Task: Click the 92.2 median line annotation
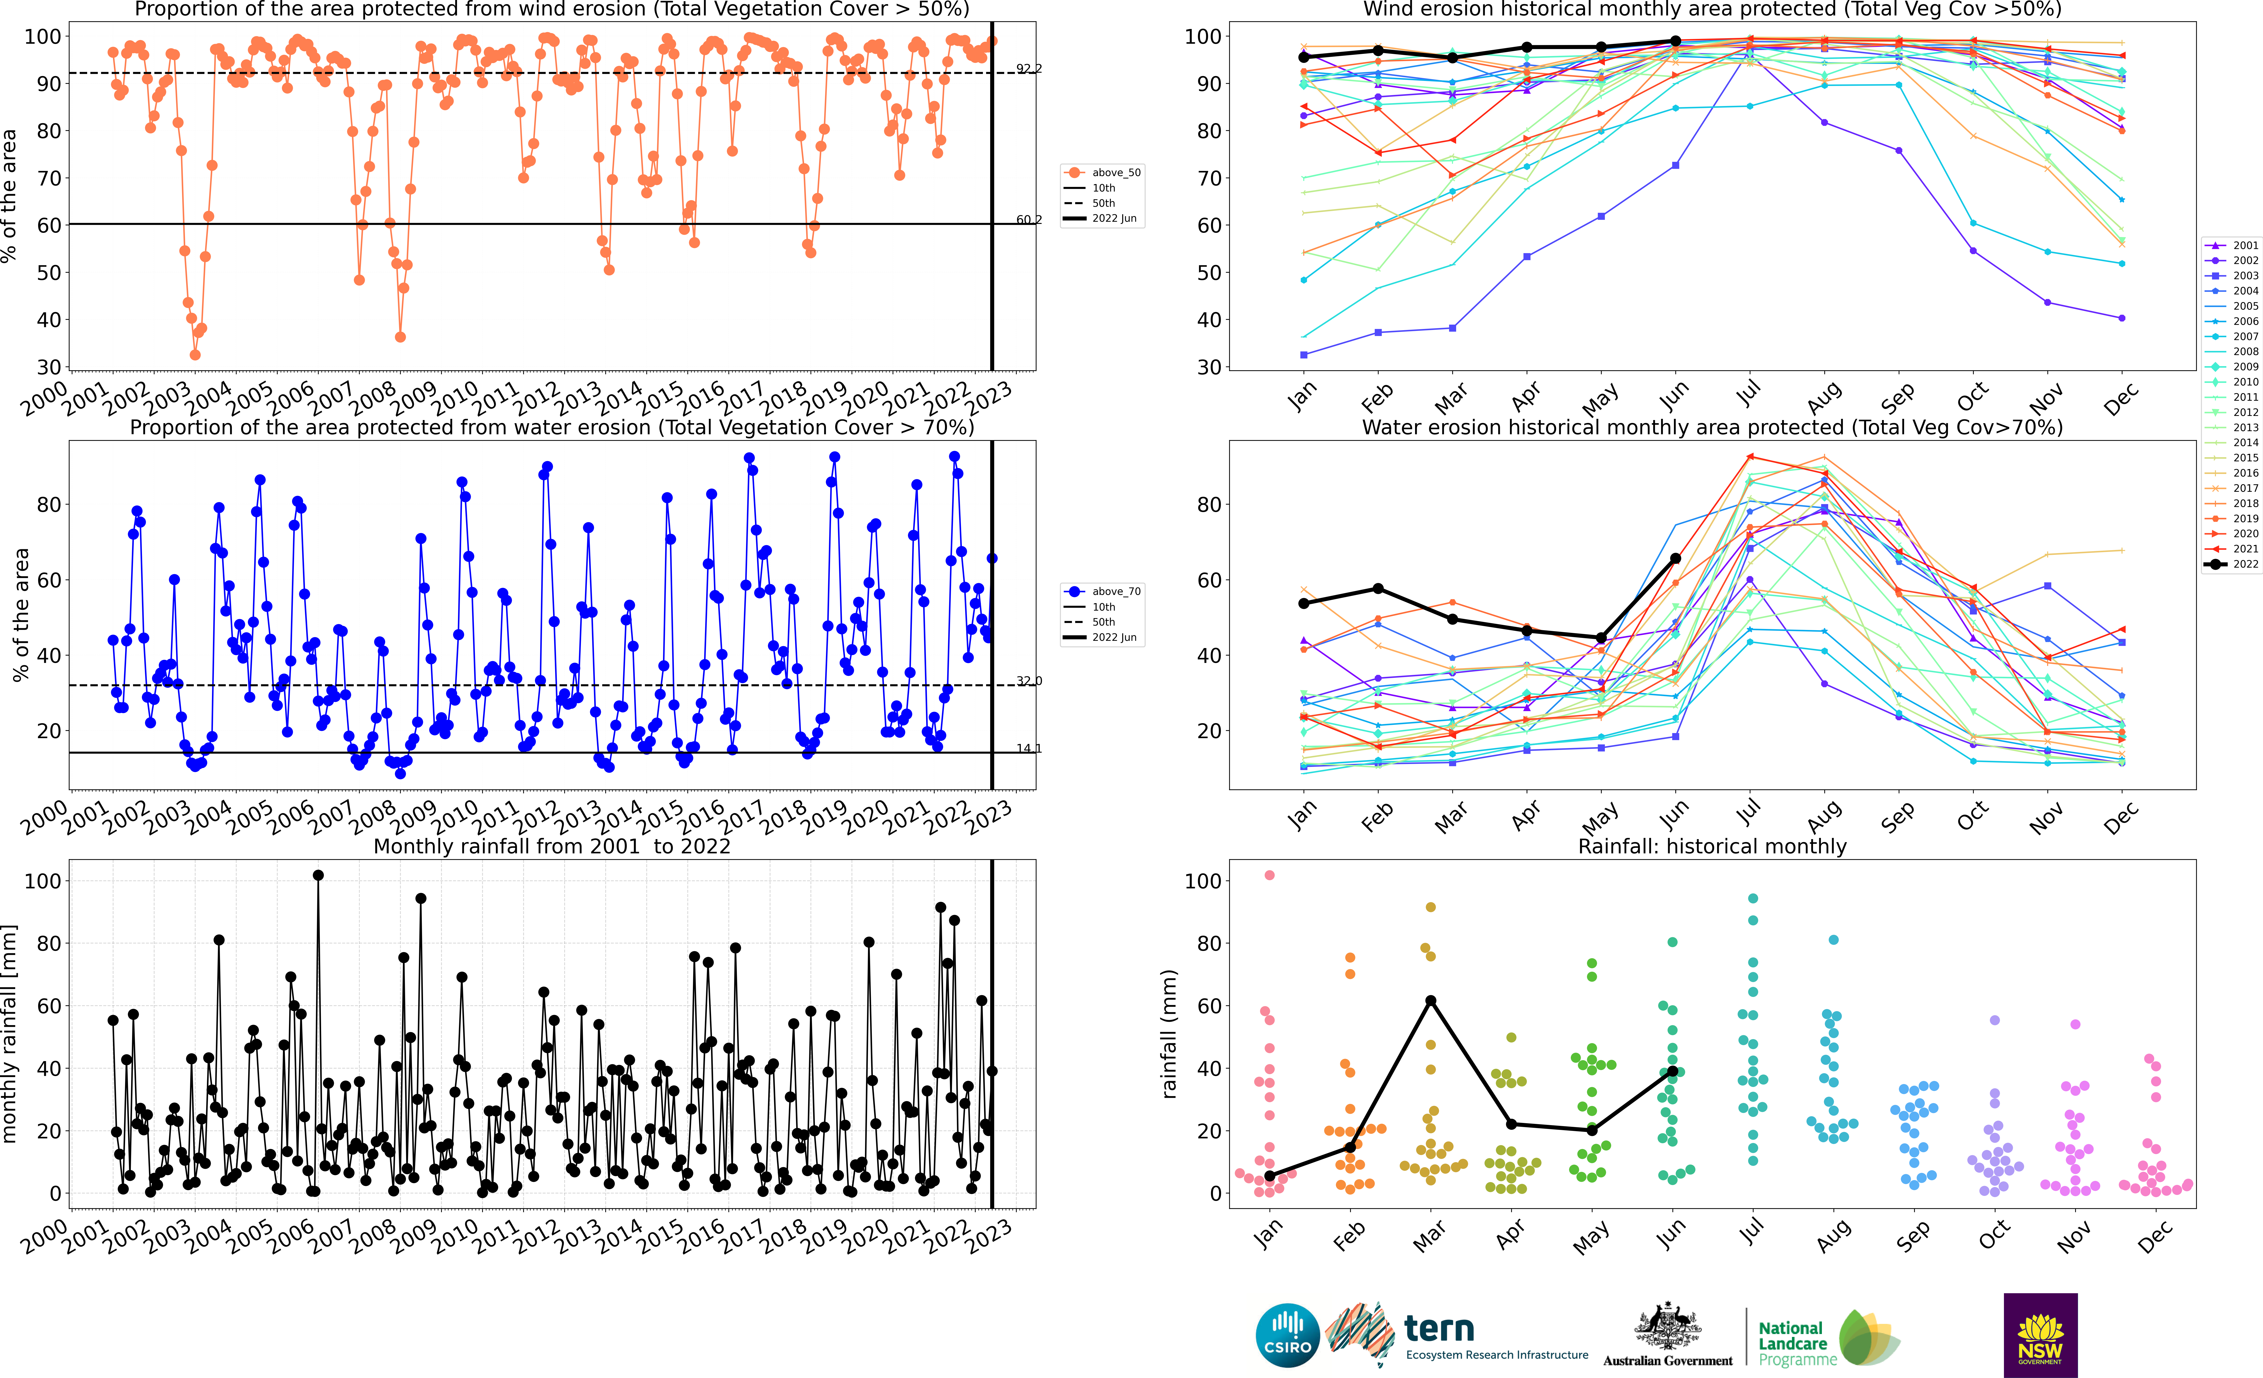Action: [1029, 69]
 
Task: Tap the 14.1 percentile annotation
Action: [1029, 749]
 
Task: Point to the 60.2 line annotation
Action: [1029, 220]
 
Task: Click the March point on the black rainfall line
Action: [1431, 1000]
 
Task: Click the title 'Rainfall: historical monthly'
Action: [1712, 846]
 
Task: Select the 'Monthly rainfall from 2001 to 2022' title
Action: [552, 846]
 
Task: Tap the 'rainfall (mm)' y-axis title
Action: [1168, 1034]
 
